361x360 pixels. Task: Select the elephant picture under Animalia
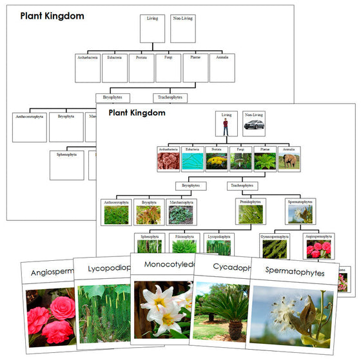pos(288,161)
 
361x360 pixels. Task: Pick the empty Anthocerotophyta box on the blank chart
pos(29,128)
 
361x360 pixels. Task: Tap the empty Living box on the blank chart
pos(152,28)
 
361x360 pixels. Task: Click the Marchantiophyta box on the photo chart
pos(180,212)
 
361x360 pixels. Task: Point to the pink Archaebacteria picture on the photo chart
pos(168,161)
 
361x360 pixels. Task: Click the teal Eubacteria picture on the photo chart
pos(192,161)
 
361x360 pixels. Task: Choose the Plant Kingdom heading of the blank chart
pos(52,15)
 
